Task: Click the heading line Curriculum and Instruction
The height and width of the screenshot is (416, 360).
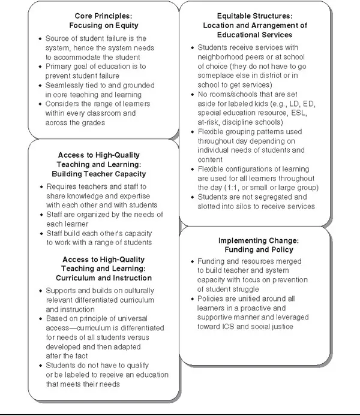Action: point(104,278)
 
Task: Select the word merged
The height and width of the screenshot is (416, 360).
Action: point(285,261)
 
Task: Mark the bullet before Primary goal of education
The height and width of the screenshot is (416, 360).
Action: point(40,67)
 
